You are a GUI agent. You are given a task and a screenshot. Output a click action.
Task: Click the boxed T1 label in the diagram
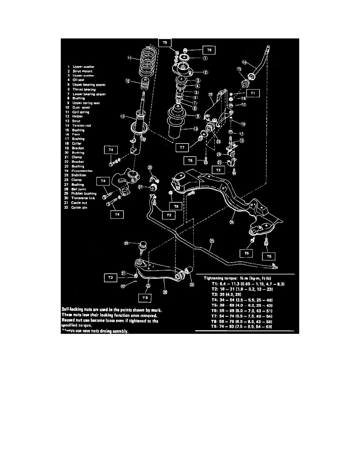[253, 93]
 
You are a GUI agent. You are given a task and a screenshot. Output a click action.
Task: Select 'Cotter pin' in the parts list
[80, 207]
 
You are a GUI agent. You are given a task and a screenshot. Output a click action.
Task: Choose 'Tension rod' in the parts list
[81, 126]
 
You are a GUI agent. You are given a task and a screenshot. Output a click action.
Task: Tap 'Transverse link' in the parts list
[83, 198]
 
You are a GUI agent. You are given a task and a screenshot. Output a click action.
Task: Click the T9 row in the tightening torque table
[243, 327]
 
